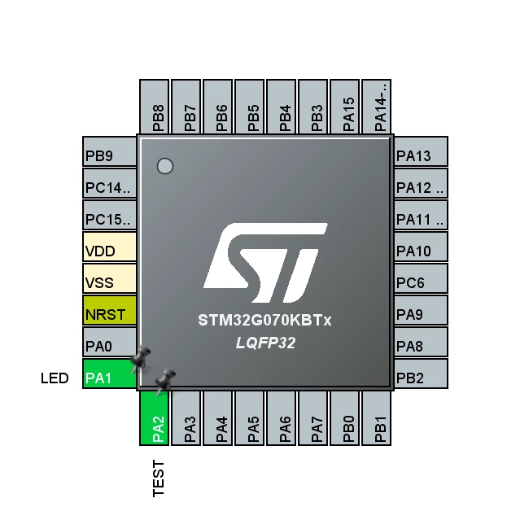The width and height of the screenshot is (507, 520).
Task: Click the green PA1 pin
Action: (x=109, y=374)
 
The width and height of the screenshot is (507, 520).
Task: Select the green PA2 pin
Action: (x=154, y=418)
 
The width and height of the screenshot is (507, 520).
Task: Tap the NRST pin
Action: (x=109, y=310)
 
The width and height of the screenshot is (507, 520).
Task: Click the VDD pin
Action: (x=109, y=247)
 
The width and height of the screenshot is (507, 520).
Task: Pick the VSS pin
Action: (x=109, y=278)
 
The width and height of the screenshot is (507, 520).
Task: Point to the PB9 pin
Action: (x=109, y=151)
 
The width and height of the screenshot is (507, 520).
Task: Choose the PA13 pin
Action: (x=421, y=151)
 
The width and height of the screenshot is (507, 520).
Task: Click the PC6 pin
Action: (x=421, y=278)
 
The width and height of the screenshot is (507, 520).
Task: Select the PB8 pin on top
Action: (x=154, y=107)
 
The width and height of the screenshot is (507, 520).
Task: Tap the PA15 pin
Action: (x=345, y=107)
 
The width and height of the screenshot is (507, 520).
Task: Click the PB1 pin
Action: (x=377, y=418)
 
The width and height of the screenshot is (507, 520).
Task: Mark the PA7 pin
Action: (x=313, y=418)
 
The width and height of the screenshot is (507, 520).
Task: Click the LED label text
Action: (x=55, y=378)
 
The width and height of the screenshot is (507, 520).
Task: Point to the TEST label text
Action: (x=159, y=478)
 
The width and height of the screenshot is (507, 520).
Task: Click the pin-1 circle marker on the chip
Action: (x=165, y=166)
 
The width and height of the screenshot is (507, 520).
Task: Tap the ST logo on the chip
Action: (x=265, y=263)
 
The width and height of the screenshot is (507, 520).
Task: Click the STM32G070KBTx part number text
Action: (x=264, y=321)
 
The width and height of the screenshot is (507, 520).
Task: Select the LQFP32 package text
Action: (x=265, y=343)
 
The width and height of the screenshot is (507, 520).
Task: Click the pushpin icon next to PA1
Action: (x=140, y=359)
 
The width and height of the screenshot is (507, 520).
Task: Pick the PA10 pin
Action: (x=421, y=247)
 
